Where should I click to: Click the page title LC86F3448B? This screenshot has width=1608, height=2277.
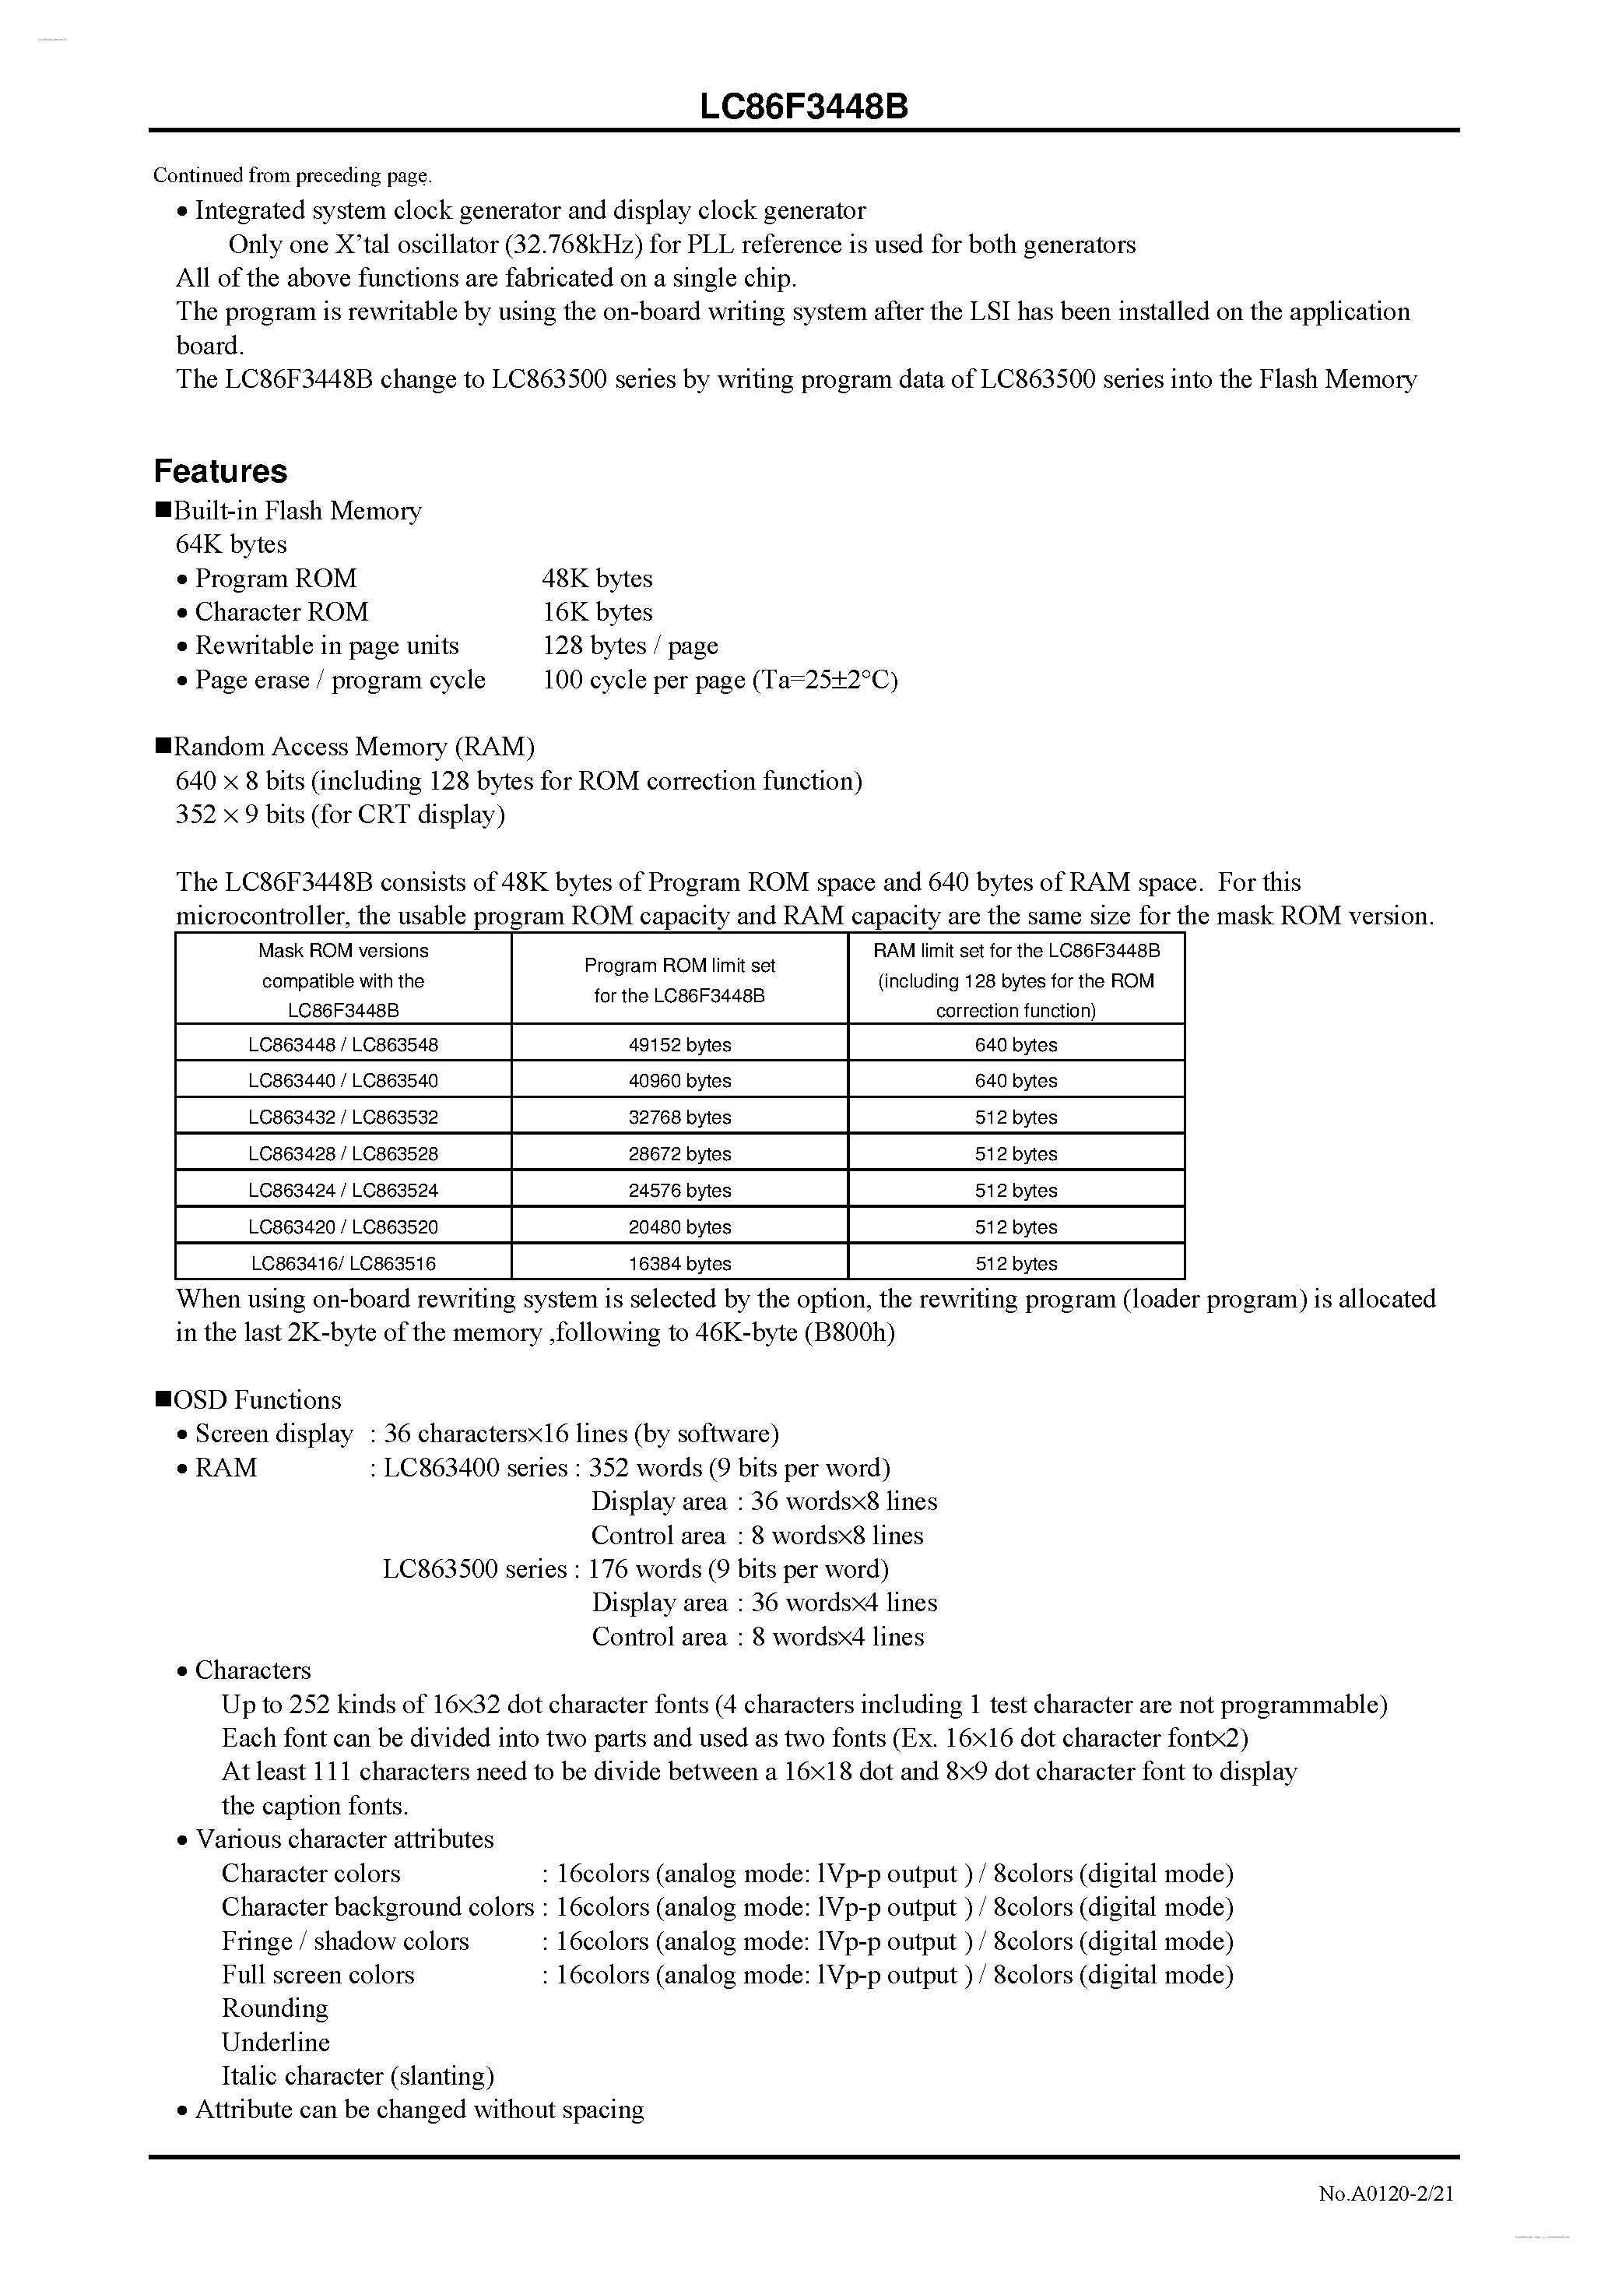tap(803, 107)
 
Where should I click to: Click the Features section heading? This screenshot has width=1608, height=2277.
tap(220, 471)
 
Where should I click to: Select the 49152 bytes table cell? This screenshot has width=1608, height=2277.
tap(679, 1044)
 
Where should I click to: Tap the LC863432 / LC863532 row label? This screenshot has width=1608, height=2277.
tap(343, 1117)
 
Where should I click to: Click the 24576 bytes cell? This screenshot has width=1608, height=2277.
tap(679, 1190)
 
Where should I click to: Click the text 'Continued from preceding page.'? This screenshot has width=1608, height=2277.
tap(293, 175)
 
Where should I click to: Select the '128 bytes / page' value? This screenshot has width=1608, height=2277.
tap(630, 646)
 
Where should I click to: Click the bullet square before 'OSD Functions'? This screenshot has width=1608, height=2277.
tap(163, 1399)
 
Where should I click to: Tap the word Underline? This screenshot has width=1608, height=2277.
tap(276, 2042)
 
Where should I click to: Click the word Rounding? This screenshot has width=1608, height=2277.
tap(275, 2008)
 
